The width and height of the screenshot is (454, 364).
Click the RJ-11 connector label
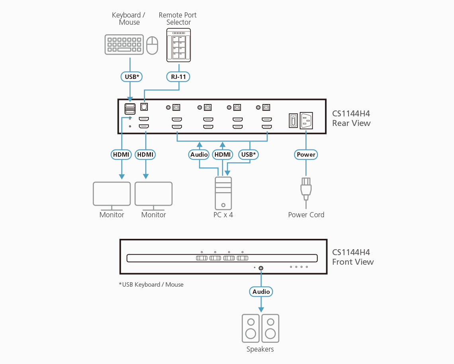pyautogui.click(x=178, y=76)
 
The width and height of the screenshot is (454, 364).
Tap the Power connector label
pyautogui.click(x=306, y=154)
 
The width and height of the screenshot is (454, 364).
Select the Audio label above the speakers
pyautogui.click(x=261, y=291)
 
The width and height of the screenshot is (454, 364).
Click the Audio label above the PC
pyautogui.click(x=199, y=154)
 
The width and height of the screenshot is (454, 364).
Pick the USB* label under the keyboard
pyautogui.click(x=131, y=76)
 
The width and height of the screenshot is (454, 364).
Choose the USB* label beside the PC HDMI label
pyautogui.click(x=249, y=154)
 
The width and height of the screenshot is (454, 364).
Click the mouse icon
pyautogui.click(x=152, y=45)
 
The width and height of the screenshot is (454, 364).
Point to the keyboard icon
pyautogui.click(x=124, y=44)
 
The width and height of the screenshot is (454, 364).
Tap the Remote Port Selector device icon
pyautogui.click(x=178, y=47)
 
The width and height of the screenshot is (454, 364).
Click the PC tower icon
pyautogui.click(x=223, y=193)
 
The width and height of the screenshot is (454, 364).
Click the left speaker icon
pyautogui.click(x=251, y=328)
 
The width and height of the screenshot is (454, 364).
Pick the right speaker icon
pyautogui.click(x=270, y=328)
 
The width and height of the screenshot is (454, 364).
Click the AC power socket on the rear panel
pyautogui.click(x=306, y=120)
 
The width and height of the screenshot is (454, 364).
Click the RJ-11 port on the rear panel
pyautogui.click(x=144, y=107)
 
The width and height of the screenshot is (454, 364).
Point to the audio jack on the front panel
pyautogui.click(x=261, y=268)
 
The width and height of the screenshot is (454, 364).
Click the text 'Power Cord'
pyautogui.click(x=306, y=215)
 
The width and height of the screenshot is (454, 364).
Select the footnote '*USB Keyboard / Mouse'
pyautogui.click(x=151, y=285)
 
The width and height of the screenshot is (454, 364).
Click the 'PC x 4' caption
pyautogui.click(x=223, y=215)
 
